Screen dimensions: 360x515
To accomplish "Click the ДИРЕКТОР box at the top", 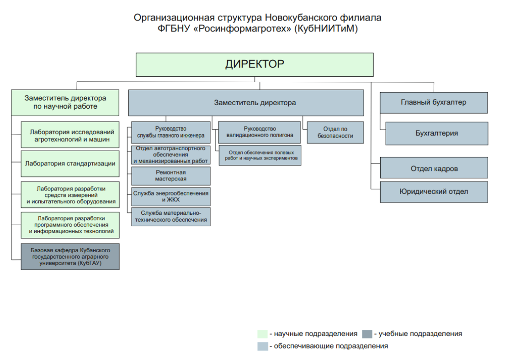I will tap(255, 64).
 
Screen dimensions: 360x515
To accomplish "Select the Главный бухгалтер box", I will tap(434, 102).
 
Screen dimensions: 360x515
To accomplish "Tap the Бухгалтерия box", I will tap(436, 133).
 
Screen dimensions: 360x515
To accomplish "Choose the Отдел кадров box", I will tap(434, 168).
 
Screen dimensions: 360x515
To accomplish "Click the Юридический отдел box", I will tap(434, 192).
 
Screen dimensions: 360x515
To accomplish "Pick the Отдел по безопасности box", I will tap(335, 132).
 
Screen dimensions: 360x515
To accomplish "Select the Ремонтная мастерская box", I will tap(171, 176).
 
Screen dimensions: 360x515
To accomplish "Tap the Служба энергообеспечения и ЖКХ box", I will tap(171, 196).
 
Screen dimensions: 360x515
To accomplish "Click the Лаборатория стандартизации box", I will tap(70, 164).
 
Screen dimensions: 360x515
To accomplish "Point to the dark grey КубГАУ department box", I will tap(70, 257).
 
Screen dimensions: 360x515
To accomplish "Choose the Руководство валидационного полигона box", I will tap(260, 132).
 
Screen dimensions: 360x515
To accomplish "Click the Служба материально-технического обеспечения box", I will tap(171, 217).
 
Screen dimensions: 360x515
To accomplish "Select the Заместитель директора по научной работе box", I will tap(65, 102).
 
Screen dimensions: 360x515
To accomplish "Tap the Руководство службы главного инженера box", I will tap(171, 132).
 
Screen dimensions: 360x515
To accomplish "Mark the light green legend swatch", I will tap(262, 334).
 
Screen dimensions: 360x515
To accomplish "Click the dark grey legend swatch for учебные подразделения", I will tap(367, 334).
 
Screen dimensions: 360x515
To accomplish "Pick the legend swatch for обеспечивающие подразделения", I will tap(262, 346).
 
